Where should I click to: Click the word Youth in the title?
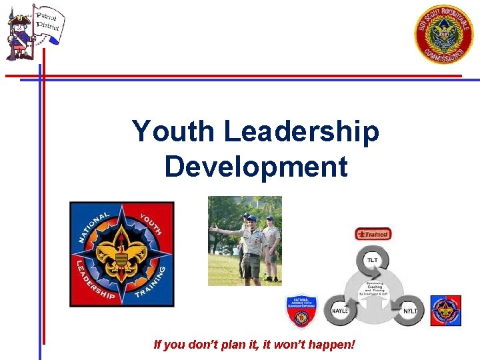point(173,131)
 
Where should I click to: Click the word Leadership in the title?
point(301,131)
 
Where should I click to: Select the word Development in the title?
point(256,166)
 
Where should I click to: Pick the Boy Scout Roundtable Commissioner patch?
point(445,35)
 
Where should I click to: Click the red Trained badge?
point(373,234)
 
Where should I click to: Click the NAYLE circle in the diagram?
point(340,311)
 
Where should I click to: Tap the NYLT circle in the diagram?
point(409,311)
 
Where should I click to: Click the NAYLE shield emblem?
point(301,311)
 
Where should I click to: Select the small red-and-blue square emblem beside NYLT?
point(445,311)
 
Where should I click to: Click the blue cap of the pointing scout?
point(251,218)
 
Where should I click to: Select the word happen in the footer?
point(329,345)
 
